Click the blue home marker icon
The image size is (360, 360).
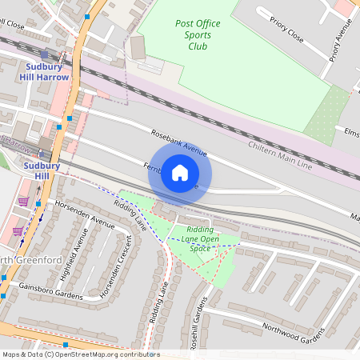coord(179,173)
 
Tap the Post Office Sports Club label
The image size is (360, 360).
coord(197,34)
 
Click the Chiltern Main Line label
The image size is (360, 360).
coord(279,155)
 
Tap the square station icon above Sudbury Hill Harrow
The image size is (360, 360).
coord(44,54)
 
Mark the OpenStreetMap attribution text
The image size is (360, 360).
coord(81,354)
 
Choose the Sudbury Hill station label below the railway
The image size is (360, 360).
coord(37,170)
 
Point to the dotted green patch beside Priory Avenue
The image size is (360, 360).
coord(328,116)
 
